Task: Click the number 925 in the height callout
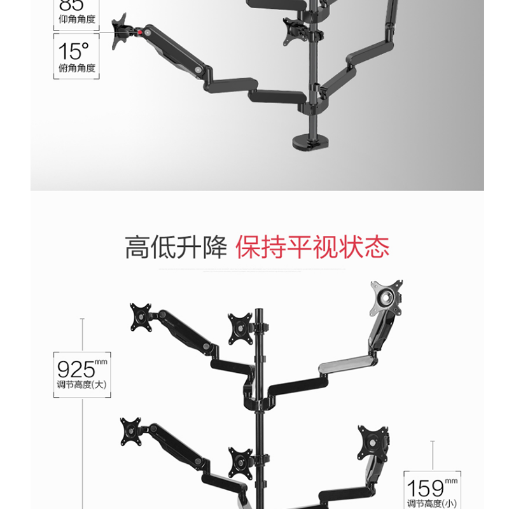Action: (x=76, y=368)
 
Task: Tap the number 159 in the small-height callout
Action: (x=425, y=488)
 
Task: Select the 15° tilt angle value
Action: (x=74, y=51)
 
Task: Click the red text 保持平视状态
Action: (x=312, y=247)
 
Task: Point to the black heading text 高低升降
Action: (x=176, y=247)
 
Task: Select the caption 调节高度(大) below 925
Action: (x=82, y=384)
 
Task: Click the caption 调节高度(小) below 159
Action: (x=431, y=503)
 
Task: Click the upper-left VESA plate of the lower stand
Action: (x=141, y=317)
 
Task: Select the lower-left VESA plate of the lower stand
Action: (x=130, y=432)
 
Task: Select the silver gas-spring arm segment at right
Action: (x=344, y=365)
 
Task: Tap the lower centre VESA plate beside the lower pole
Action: (x=241, y=463)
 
